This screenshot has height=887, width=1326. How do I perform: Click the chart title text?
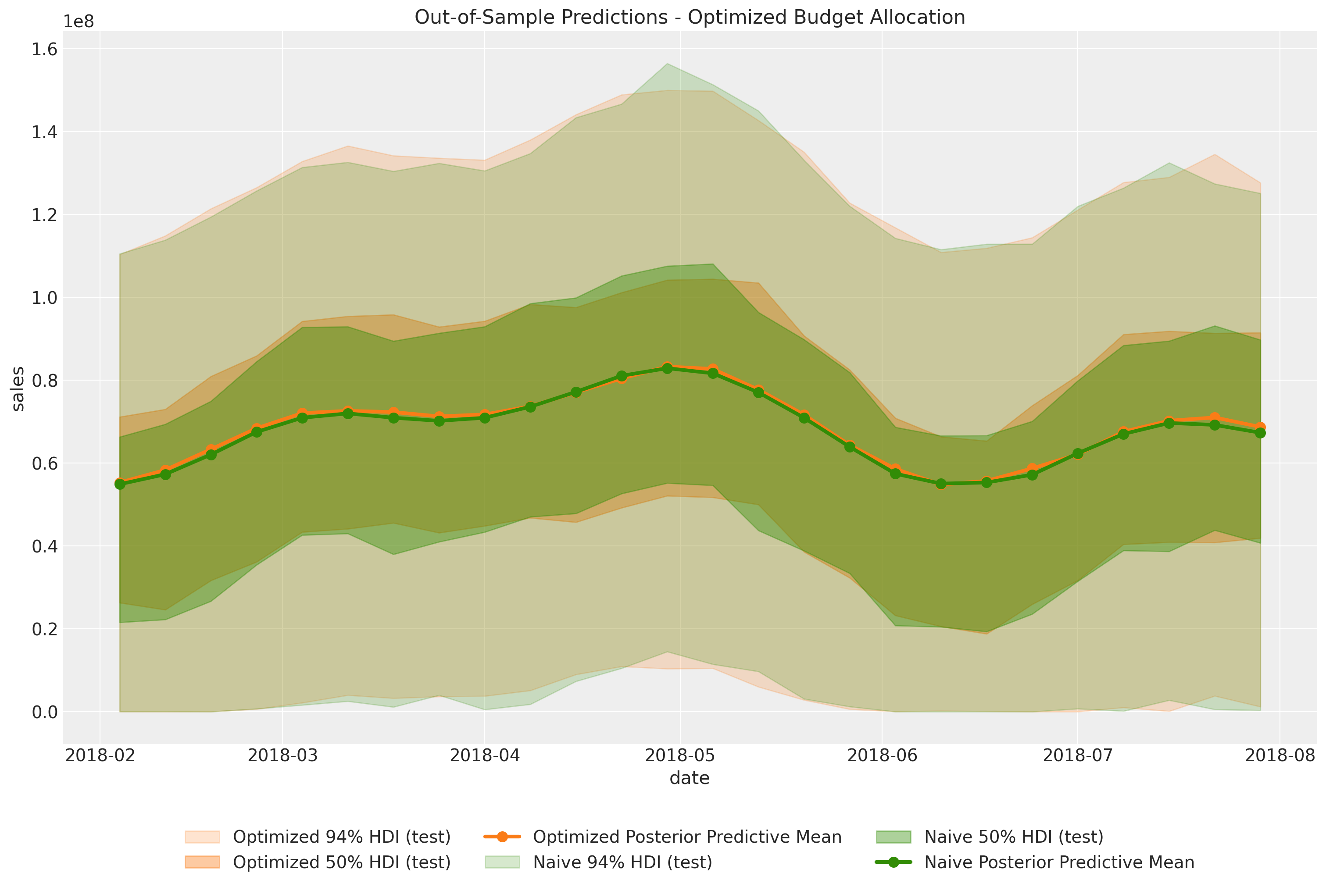coord(689,17)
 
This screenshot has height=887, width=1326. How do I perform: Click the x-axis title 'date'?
coord(689,778)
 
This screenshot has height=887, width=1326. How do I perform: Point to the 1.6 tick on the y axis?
coord(45,49)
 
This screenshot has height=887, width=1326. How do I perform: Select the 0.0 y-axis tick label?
coord(45,712)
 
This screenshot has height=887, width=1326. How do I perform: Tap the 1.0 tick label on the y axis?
coord(45,298)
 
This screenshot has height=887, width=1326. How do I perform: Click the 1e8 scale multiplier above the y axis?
coord(79,21)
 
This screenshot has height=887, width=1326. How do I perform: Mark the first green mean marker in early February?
coord(120,484)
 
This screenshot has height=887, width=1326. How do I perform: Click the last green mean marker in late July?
coord(1260,433)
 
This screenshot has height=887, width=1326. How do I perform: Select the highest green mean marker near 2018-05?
coord(667,368)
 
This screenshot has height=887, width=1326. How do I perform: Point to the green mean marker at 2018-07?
coord(1078,454)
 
